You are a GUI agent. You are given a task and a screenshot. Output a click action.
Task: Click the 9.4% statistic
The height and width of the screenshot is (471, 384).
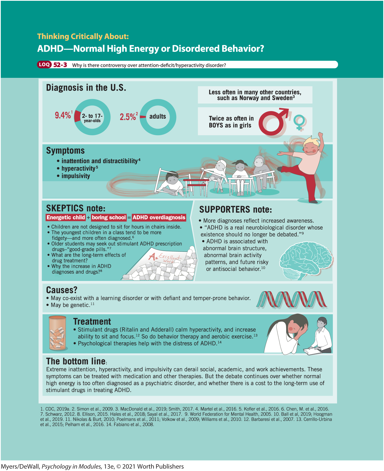[x=63, y=115]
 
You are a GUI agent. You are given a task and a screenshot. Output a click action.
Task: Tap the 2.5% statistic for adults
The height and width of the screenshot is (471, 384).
[x=128, y=117]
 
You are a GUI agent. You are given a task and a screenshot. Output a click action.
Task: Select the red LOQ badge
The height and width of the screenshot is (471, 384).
[x=44, y=64]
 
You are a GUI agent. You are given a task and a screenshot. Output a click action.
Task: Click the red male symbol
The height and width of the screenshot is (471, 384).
[x=273, y=122]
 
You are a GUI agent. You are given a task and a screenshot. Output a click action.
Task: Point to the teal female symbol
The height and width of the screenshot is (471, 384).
[x=299, y=122]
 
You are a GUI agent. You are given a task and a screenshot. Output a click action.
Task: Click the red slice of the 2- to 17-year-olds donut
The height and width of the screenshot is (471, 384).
[x=77, y=116]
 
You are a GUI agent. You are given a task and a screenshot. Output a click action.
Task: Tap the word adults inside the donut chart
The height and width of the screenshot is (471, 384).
[x=158, y=116]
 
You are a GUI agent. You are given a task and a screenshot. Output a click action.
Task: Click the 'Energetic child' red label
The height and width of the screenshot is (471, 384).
[x=66, y=217]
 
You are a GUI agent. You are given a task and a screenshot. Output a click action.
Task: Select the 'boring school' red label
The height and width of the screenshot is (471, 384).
[x=109, y=217]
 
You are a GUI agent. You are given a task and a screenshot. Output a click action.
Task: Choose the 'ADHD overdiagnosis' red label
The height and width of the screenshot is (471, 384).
[x=159, y=217]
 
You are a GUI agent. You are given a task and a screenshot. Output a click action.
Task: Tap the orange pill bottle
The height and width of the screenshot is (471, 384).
[x=57, y=333]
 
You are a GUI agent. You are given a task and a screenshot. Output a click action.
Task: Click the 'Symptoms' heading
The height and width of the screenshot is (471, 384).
[x=65, y=151]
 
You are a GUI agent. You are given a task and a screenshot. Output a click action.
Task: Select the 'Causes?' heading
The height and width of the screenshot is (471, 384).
[x=62, y=290]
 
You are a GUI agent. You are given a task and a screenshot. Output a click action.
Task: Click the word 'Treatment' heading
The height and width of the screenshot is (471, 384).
[x=92, y=321]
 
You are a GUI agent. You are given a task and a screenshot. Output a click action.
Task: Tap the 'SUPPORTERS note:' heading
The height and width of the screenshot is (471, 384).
[x=235, y=209]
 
